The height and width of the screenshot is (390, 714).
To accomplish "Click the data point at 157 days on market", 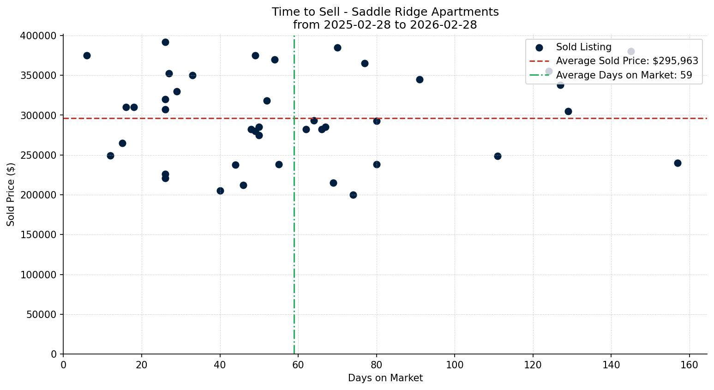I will [678, 163].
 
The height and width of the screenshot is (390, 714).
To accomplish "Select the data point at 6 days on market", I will [87, 55].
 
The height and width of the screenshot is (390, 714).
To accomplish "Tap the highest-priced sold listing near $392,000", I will [165, 42].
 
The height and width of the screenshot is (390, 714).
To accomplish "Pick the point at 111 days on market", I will [498, 156].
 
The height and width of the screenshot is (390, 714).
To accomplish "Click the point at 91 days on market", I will [420, 79].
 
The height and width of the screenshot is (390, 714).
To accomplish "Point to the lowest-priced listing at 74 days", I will [353, 195].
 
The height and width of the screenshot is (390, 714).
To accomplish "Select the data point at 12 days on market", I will [110, 156].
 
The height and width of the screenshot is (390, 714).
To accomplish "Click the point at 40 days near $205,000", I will [220, 191].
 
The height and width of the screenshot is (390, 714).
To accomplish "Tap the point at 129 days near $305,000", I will [568, 111].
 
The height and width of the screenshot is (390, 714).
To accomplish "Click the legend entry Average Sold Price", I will [627, 61].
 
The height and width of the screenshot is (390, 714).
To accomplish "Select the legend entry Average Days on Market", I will [624, 75].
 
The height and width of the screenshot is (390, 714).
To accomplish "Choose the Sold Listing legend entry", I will [583, 47].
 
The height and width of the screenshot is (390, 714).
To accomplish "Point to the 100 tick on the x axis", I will [455, 365].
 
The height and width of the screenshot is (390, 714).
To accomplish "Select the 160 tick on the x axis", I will [690, 365].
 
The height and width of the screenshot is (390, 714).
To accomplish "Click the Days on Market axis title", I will [385, 378].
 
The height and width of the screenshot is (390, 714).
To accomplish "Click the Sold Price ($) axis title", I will [11, 194].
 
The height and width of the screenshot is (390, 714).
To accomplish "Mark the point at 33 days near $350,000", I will [192, 75].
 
